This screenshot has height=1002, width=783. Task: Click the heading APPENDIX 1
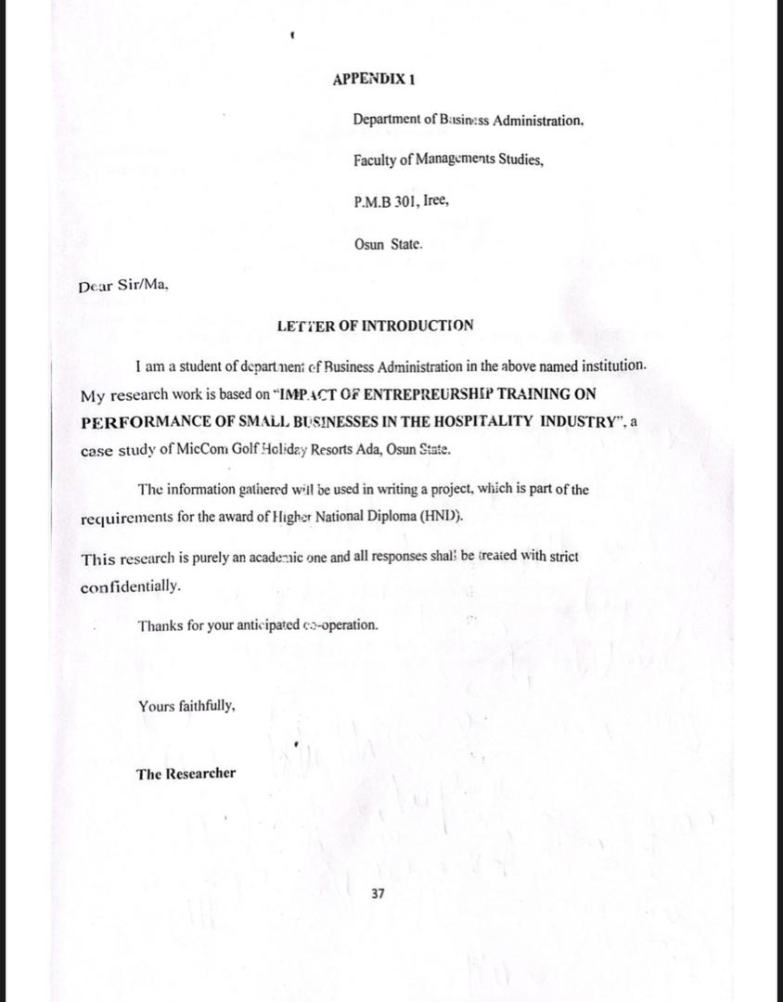pos(374,80)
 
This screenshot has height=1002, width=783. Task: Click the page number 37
pos(378,893)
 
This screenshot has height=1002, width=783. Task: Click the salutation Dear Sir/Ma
pos(123,287)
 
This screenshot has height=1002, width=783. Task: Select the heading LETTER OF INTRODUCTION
pos(375,326)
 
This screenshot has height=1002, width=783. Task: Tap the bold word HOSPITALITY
pos(487,421)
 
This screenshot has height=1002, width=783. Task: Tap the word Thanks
pos(160,624)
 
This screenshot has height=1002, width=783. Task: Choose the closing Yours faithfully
pos(186,706)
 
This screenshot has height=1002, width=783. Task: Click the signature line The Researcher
pos(186,774)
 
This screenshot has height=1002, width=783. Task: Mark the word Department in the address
pos(384,120)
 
